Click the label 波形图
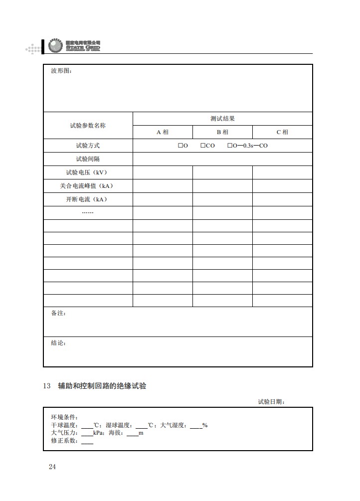(x=61, y=71)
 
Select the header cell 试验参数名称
(x=88, y=126)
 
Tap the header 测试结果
(x=222, y=119)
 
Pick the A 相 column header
(x=163, y=132)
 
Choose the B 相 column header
(x=222, y=132)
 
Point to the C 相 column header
(x=282, y=132)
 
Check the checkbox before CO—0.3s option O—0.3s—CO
(x=230, y=146)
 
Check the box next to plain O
(x=180, y=146)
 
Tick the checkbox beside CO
(x=203, y=146)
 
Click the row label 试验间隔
(x=88, y=159)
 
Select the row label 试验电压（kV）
(x=88, y=172)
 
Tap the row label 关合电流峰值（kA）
(x=88, y=186)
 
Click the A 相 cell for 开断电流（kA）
(x=163, y=199)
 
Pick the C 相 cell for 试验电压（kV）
(x=282, y=172)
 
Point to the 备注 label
(x=58, y=314)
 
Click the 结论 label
(x=58, y=343)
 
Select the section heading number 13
(x=47, y=386)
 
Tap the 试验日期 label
(x=271, y=402)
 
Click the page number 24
(x=52, y=467)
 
